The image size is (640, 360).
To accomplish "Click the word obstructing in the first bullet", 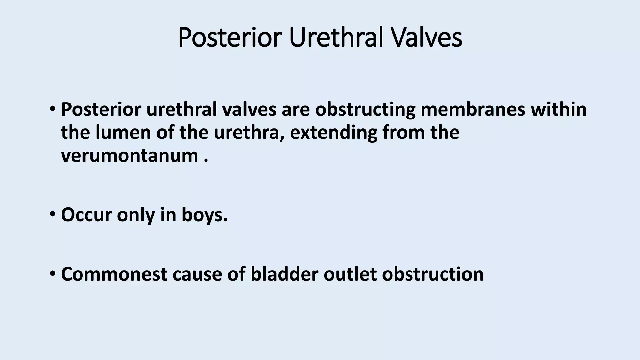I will (365, 110).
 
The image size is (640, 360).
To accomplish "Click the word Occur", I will (86, 215).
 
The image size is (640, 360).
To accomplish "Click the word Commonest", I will (114, 274).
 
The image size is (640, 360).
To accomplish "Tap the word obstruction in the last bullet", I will (433, 274).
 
